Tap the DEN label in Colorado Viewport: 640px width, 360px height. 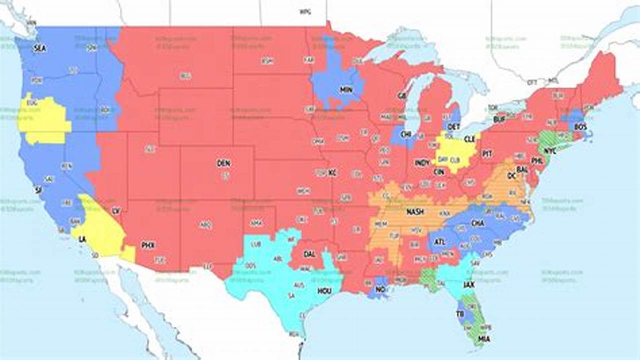[223, 163]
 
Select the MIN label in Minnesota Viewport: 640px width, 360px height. [346, 90]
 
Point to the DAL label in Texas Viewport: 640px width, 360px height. [309, 254]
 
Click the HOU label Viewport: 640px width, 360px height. [324, 290]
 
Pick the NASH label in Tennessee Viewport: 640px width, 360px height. [415, 212]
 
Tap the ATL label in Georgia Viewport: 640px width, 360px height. [439, 242]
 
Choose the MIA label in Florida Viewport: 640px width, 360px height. [484, 339]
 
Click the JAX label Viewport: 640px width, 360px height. [469, 285]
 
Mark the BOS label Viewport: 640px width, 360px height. [580, 127]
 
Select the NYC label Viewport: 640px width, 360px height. [550, 151]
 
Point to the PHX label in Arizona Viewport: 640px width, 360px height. [148, 245]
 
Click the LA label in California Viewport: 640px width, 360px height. [82, 239]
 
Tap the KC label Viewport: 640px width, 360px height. [332, 173]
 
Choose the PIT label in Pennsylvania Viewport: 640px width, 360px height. [487, 154]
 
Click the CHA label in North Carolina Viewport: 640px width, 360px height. [477, 223]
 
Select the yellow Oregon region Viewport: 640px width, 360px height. [44, 120]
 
